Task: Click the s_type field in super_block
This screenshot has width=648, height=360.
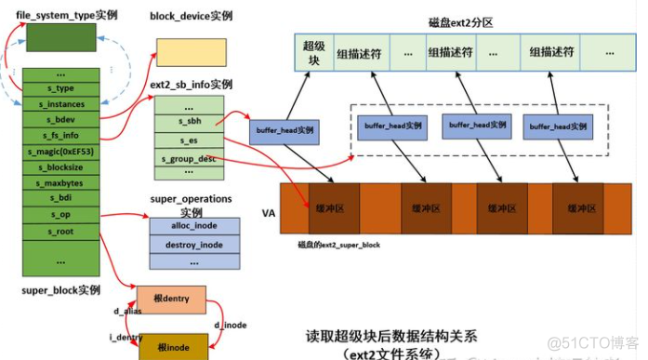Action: point(61,88)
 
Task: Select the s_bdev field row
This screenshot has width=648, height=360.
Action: point(61,119)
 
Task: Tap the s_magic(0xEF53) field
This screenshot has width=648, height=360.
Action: point(61,151)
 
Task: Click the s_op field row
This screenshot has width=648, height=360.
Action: point(61,214)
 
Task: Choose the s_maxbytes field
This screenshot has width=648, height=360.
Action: point(61,182)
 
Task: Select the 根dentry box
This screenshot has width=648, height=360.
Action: point(171,299)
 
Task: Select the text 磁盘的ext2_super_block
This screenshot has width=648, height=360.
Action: point(338,245)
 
